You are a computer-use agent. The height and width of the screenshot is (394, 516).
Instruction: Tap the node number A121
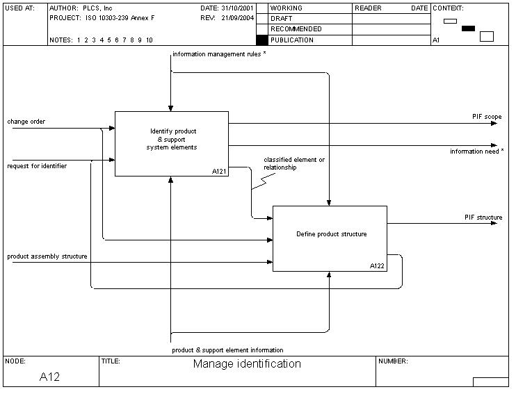pos(220,171)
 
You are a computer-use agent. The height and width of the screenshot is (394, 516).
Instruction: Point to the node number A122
pos(378,266)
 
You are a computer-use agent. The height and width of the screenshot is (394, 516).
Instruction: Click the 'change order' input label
pos(26,122)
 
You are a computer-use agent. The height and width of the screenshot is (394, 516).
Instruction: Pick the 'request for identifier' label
pos(38,166)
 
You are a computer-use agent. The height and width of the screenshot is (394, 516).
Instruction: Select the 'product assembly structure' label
pos(47,256)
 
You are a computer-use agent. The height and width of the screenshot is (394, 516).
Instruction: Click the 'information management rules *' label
pos(219,54)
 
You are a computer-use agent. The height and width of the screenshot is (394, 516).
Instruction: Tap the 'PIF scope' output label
pos(483,117)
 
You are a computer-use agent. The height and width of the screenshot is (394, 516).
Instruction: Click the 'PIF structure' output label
pos(483,217)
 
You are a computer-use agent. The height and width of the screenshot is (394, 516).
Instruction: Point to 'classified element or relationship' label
pos(293,163)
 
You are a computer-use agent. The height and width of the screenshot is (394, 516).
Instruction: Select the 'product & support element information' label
pos(227,350)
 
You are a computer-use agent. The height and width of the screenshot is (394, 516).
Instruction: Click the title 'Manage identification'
pos(247,364)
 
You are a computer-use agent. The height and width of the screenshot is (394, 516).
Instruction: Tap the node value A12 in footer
pos(49,377)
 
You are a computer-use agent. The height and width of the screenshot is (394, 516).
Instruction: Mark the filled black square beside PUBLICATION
pos(261,40)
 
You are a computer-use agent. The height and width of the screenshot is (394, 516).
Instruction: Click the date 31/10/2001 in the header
pos(238,8)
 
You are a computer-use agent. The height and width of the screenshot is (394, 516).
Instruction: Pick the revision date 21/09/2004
pos(238,18)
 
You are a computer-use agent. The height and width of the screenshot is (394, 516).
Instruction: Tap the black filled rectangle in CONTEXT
pos(468,28)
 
